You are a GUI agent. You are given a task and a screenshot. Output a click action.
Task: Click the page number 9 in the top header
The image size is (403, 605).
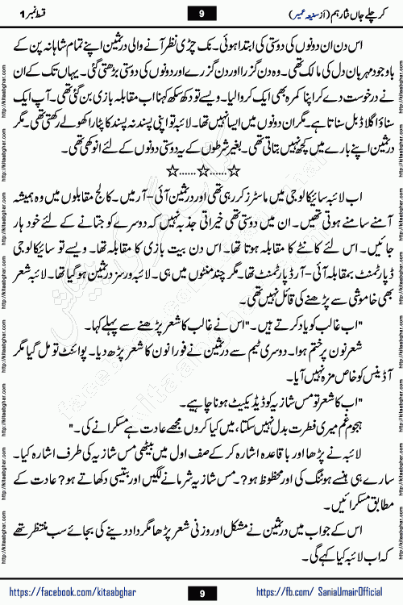(201, 12)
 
